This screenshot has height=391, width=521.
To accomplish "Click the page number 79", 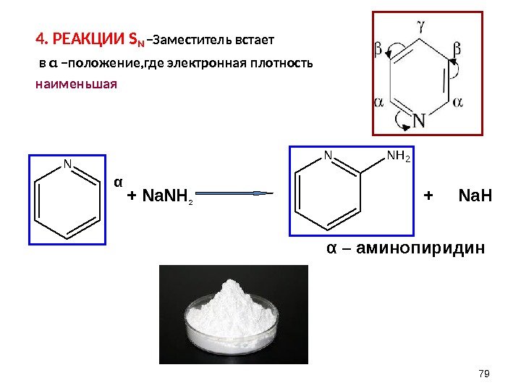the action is click(485, 372).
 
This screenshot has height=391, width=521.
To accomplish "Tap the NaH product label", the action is click(475, 195).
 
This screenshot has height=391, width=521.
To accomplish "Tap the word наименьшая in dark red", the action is click(75, 83).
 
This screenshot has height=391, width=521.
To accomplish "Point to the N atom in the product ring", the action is click(327, 156).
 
